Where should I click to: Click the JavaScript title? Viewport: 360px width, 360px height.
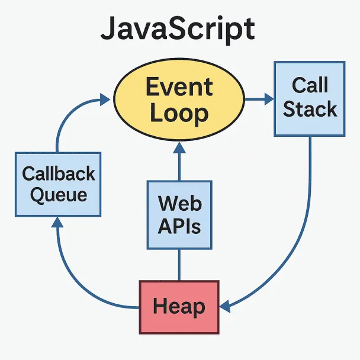pos(178,29)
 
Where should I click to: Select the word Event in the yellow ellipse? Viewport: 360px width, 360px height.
pos(179,88)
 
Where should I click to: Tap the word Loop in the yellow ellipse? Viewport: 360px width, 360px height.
pos(179,112)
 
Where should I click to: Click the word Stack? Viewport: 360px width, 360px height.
pos(310,109)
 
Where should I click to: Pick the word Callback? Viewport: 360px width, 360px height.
pos(59,173)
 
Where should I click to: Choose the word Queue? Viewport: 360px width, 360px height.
pos(59,195)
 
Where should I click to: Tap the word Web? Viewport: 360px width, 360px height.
pos(179,204)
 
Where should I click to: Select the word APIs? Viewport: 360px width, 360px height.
pos(179,226)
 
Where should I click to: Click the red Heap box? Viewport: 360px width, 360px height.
pos(179,306)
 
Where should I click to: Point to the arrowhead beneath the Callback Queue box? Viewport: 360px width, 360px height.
pos(57,223)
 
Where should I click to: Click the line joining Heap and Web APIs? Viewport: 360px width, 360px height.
pos(179,265)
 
